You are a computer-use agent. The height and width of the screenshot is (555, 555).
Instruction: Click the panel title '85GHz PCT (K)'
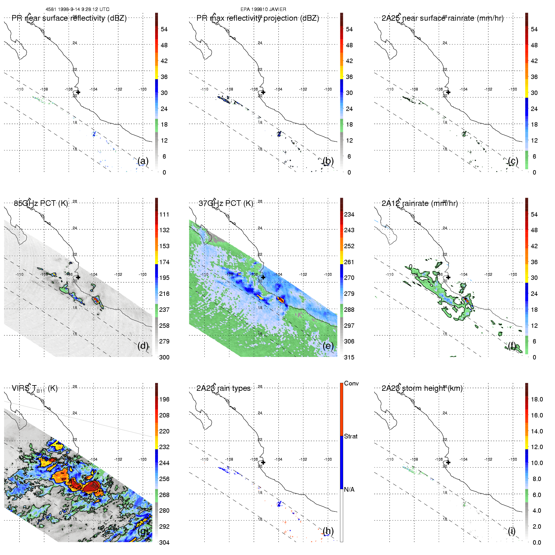[x=41, y=203]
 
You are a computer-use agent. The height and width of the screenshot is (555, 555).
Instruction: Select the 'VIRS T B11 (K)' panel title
[x=34, y=389]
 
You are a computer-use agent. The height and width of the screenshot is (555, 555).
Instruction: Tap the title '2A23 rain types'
[x=223, y=389]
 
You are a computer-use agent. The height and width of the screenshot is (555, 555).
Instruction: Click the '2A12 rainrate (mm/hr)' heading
[x=419, y=203]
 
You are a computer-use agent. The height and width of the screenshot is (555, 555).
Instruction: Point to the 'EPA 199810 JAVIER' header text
[x=263, y=9]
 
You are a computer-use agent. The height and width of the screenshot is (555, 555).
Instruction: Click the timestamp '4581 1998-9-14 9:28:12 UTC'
[x=77, y=9]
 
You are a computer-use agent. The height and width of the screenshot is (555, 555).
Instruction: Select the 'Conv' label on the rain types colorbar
[x=351, y=384]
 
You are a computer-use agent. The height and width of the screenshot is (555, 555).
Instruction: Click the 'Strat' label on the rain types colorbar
[x=351, y=437]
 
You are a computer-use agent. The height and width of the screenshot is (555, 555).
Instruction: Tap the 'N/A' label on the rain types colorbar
[x=349, y=490]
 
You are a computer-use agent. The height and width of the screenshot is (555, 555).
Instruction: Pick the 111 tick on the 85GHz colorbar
[x=164, y=215]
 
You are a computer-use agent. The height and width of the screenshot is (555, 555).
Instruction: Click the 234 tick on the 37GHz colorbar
[x=349, y=215]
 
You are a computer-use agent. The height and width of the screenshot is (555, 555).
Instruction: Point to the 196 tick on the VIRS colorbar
[x=164, y=400]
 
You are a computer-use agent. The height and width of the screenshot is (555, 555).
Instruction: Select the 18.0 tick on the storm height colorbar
[x=537, y=400]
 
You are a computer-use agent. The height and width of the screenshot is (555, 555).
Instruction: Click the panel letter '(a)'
[x=143, y=161]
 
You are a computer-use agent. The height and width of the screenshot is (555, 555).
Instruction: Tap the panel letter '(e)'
[x=328, y=346]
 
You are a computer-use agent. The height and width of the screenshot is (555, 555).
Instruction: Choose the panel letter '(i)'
[x=511, y=531]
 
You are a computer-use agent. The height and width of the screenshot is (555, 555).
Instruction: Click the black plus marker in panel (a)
[x=78, y=92]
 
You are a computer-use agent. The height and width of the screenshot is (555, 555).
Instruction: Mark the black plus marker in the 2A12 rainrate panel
[x=448, y=277]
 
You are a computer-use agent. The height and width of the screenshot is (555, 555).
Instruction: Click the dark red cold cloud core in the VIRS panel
[x=92, y=487]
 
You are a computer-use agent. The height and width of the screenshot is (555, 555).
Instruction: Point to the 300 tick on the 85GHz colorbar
[x=164, y=358]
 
